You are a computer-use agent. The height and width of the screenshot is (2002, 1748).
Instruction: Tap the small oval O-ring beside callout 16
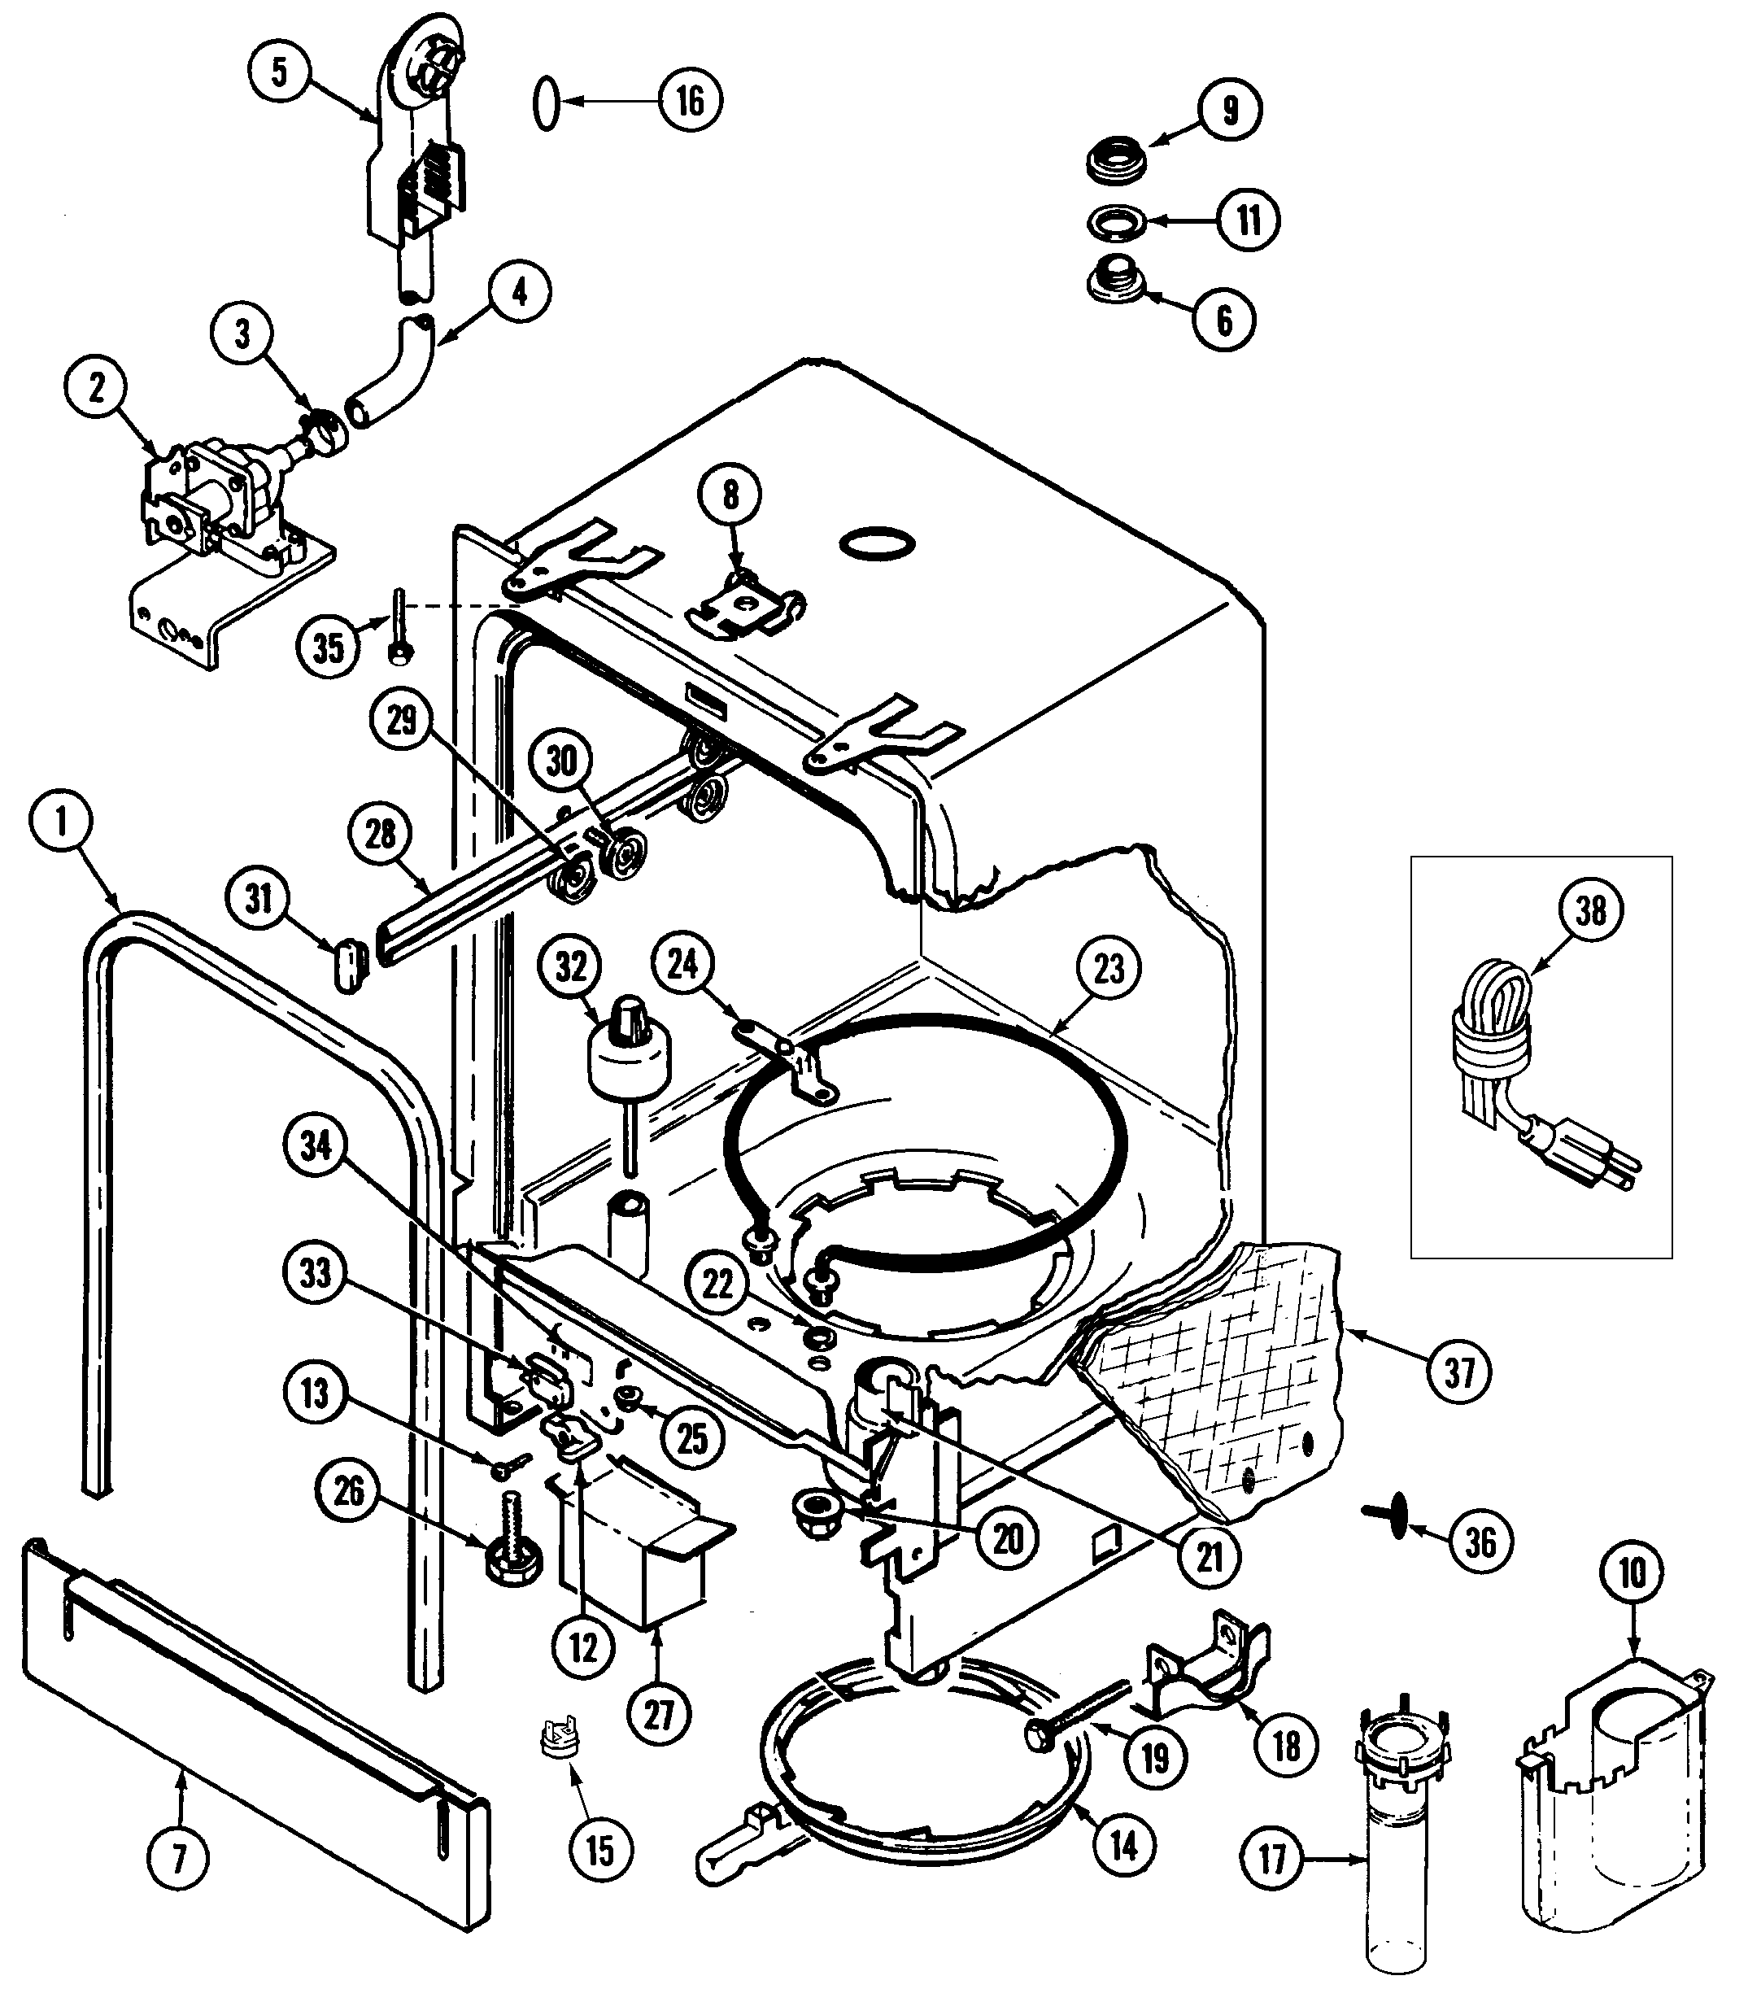547,102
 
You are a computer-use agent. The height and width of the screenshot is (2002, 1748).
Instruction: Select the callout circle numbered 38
1590,910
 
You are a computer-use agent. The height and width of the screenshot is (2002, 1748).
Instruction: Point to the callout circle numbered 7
178,1860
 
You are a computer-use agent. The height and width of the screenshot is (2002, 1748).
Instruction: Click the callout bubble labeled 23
1109,969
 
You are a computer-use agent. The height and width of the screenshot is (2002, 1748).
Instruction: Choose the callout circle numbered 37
1459,1372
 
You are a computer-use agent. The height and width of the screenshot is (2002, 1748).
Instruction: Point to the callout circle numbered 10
1632,1572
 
